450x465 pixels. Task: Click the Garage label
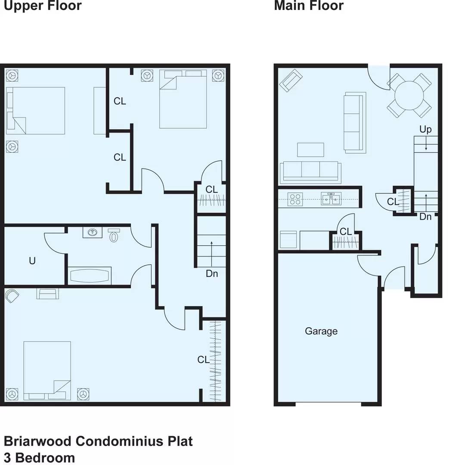(x=321, y=331)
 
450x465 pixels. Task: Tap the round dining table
(x=409, y=96)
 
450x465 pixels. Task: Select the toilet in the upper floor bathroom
(x=114, y=235)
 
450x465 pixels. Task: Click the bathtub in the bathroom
(x=90, y=276)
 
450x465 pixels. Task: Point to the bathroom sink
(x=93, y=232)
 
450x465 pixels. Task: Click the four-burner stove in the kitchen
(x=295, y=199)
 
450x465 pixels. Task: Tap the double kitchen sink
(x=331, y=198)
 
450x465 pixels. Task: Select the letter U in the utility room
(x=32, y=260)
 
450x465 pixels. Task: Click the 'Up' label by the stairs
(x=425, y=129)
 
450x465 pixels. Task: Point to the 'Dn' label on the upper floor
(x=212, y=273)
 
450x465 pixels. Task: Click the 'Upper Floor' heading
(x=43, y=5)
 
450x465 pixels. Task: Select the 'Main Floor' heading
(x=309, y=5)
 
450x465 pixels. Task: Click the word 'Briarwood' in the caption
(x=37, y=441)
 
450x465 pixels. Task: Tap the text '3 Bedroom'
(x=40, y=458)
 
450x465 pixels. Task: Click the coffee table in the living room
(x=310, y=149)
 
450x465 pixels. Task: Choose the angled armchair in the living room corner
(x=291, y=81)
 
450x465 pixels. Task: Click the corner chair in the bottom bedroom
(x=12, y=296)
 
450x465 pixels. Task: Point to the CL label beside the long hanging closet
(x=204, y=360)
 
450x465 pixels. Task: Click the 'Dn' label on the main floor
(x=425, y=217)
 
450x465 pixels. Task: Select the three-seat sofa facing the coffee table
(x=310, y=171)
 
